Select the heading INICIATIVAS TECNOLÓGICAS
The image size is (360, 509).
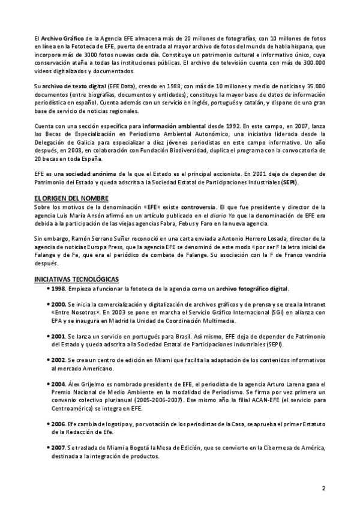[76, 279]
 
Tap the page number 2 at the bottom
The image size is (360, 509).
[323, 487]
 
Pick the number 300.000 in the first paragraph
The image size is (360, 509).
[311, 62]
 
